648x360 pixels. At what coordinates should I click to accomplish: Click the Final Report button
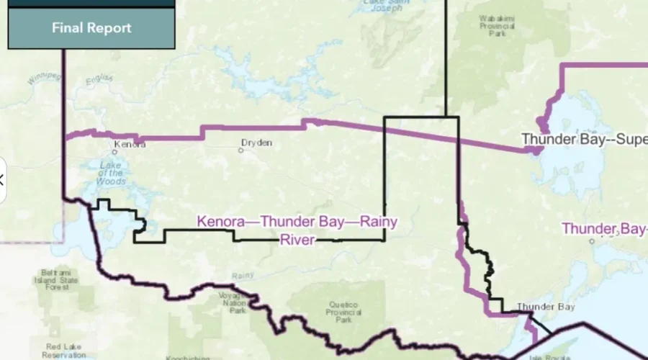click(91, 28)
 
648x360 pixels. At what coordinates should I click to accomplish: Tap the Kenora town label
click(130, 144)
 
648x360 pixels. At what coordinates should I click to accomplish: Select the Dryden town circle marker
click(241, 150)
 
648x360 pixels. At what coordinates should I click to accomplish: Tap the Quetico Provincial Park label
click(343, 310)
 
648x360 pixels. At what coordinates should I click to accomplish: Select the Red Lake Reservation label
click(64, 351)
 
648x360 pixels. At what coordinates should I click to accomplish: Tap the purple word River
click(297, 239)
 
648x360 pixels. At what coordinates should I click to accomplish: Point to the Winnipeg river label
click(40, 77)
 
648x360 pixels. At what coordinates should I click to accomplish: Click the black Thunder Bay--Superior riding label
click(583, 139)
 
